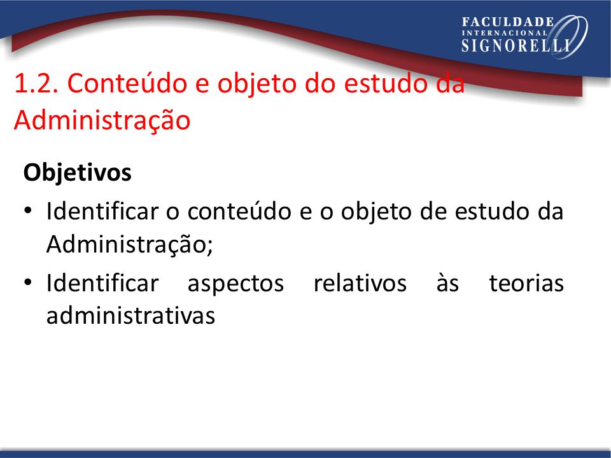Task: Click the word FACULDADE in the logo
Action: [508, 22]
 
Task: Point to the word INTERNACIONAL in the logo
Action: [505, 33]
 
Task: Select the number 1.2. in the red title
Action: [36, 83]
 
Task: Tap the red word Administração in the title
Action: [102, 120]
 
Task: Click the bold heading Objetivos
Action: [77, 172]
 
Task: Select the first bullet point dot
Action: [27, 211]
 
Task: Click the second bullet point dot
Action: [27, 282]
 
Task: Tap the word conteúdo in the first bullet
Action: [239, 211]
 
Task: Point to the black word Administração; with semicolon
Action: [129, 244]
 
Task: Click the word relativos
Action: [360, 282]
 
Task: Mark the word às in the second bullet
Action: [447, 282]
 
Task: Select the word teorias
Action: [526, 282]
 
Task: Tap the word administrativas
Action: [130, 315]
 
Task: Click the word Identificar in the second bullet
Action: [102, 282]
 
